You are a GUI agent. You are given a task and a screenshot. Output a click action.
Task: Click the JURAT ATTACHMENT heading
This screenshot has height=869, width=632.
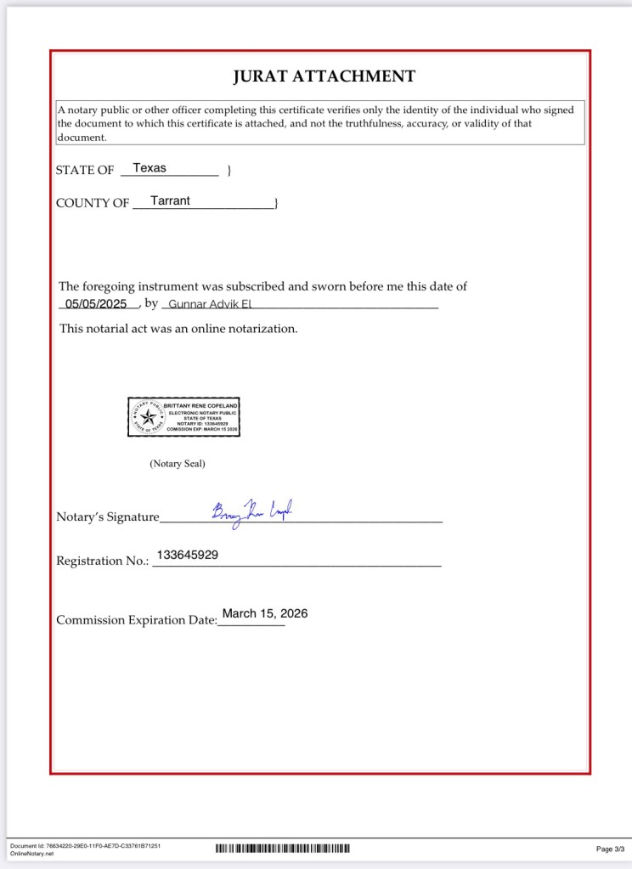324,76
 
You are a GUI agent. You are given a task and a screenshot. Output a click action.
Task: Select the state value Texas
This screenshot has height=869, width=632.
150,168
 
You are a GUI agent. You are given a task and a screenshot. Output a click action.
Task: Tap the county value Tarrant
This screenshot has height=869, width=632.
170,201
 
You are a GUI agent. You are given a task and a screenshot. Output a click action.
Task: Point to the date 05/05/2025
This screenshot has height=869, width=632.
96,303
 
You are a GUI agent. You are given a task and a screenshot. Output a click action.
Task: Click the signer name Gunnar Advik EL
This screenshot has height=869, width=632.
207,304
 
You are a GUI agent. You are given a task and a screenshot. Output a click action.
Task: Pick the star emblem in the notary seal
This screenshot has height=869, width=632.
149,417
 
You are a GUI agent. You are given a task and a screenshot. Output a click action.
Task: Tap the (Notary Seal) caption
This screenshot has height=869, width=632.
178,464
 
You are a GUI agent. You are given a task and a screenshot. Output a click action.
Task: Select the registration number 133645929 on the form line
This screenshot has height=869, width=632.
188,555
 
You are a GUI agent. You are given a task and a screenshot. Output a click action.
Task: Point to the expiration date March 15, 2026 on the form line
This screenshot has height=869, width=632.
265,613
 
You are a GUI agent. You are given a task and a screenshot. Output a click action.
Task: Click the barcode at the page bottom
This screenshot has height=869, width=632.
283,848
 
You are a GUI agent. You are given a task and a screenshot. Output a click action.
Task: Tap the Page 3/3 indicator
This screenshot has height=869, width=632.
610,849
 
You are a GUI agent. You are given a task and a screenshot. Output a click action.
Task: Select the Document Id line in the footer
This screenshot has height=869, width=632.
85,846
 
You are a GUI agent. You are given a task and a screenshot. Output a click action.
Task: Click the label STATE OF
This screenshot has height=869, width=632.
85,171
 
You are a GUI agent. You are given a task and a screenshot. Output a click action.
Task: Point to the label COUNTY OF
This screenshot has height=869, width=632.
93,204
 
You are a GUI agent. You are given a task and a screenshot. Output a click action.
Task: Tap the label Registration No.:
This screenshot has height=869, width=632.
102,561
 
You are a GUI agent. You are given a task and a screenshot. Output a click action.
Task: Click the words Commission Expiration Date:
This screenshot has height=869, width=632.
137,620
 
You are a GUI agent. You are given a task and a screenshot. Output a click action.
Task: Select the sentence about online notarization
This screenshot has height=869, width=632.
178,329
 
